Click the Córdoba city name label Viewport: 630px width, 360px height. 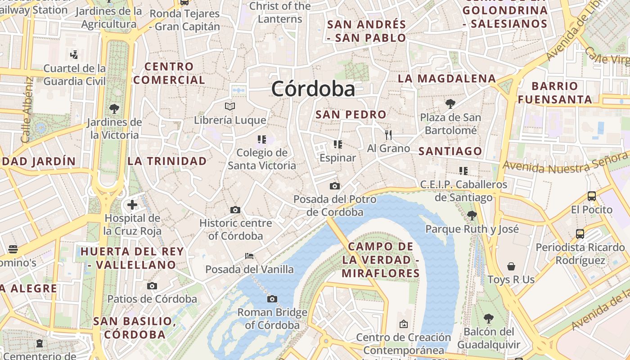point(313,89)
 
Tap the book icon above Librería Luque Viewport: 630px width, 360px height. point(230,107)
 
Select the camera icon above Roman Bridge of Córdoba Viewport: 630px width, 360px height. point(272,299)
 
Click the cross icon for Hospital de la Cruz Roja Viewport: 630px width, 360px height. point(132,205)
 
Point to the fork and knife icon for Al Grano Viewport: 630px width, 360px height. point(388,135)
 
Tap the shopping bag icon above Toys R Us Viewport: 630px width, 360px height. point(511,266)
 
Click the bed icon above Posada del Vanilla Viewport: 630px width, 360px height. point(249,256)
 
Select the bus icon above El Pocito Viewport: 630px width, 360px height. point(592,196)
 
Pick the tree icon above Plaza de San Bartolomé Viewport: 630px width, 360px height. point(450,104)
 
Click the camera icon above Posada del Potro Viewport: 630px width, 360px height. point(334,186)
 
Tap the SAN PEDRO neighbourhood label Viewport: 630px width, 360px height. point(351,114)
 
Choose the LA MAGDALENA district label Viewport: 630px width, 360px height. point(447,78)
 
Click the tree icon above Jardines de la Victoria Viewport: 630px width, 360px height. point(114,108)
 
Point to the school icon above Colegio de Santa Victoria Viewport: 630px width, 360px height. point(262,139)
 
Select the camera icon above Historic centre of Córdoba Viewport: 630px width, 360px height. point(235,210)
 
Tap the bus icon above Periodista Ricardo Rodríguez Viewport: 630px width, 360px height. point(580,234)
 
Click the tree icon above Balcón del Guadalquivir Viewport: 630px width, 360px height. point(489,319)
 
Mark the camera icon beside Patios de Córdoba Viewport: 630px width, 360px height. point(152,286)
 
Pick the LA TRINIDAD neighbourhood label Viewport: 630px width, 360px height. point(167,161)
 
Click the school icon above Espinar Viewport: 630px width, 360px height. point(337,144)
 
